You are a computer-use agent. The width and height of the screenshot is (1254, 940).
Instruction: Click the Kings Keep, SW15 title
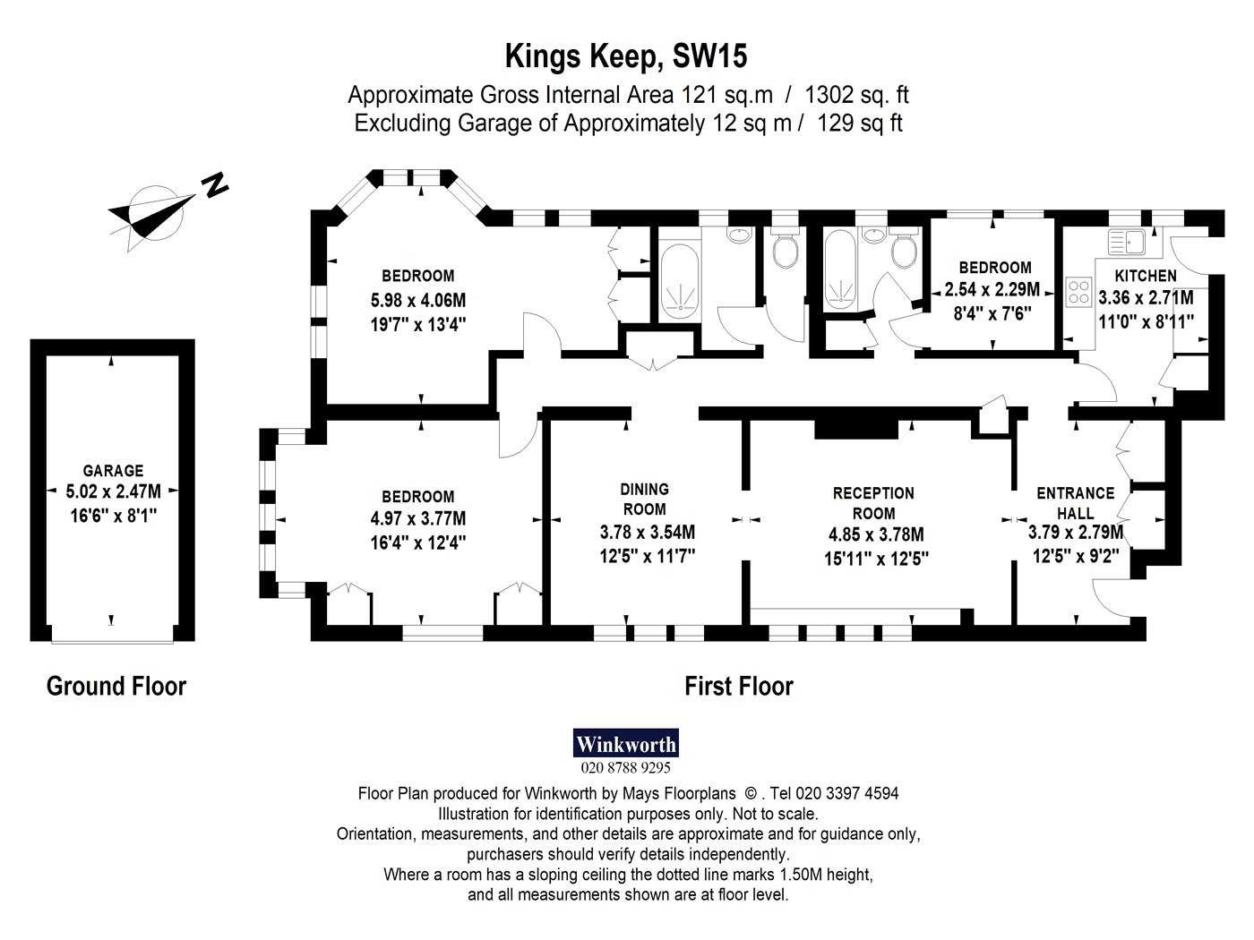[626, 56]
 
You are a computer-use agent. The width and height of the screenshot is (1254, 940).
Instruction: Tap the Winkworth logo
[626, 743]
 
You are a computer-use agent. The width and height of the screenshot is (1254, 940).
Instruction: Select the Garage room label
[113, 471]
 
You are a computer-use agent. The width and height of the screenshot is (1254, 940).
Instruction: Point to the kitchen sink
[1126, 242]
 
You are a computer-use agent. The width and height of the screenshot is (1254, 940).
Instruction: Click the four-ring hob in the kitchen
[1078, 292]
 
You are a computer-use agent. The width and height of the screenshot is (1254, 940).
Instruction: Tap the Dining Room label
[644, 499]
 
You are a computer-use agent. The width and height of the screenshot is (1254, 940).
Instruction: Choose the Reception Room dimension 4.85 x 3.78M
[876, 534]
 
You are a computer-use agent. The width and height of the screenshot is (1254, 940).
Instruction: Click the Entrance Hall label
[1075, 503]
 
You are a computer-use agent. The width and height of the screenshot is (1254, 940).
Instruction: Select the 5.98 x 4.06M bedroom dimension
[418, 300]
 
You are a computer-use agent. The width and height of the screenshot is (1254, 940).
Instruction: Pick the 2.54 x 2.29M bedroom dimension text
[992, 290]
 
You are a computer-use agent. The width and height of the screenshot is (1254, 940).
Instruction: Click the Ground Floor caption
[116, 686]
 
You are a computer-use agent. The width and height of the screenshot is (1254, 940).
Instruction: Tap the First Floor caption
[739, 686]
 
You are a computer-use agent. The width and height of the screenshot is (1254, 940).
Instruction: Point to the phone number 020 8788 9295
[625, 767]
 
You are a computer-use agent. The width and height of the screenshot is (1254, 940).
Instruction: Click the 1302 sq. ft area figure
[856, 95]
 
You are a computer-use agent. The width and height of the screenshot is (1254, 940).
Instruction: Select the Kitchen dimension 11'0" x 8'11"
[1146, 322]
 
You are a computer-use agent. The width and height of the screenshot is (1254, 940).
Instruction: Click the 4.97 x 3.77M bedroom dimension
[418, 519]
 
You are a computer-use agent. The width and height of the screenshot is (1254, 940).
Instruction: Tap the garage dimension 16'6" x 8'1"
[113, 516]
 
